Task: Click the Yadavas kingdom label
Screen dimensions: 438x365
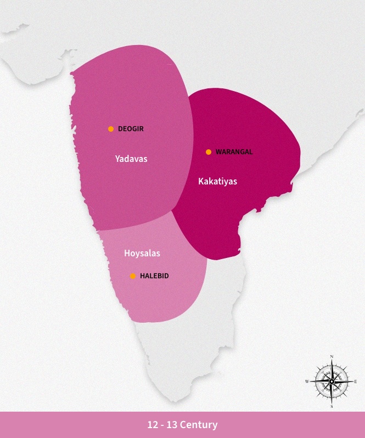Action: click(x=131, y=159)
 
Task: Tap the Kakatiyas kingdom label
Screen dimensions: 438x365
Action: click(x=217, y=181)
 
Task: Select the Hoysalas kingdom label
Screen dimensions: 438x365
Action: click(x=142, y=253)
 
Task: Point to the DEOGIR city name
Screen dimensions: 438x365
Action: click(x=131, y=129)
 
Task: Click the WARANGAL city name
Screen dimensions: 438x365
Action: click(x=234, y=152)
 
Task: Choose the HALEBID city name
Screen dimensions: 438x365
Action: click(x=154, y=276)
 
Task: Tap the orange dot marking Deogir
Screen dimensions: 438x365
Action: click(x=111, y=129)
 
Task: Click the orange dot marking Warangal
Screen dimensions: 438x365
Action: click(x=209, y=152)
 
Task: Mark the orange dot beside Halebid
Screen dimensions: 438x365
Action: click(x=133, y=276)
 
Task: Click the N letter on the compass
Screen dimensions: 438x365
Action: click(x=332, y=357)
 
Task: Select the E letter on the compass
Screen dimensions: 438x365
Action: click(x=356, y=381)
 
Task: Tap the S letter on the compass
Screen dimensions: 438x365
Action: click(x=332, y=406)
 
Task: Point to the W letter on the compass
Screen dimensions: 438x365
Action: click(x=307, y=381)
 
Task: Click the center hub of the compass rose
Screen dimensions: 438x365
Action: click(x=332, y=381)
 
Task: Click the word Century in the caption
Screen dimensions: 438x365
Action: click(x=200, y=425)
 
